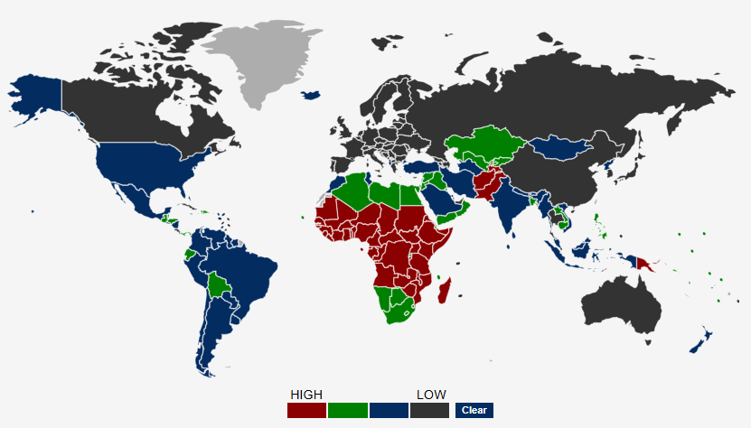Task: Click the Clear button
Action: click(474, 410)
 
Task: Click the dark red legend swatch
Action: click(306, 410)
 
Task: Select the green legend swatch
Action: click(347, 410)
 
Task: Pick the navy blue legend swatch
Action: click(388, 410)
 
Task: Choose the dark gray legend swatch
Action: click(429, 410)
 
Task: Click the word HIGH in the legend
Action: click(306, 395)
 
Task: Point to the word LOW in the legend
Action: click(431, 395)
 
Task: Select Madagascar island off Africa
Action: click(445, 292)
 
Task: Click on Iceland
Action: click(312, 93)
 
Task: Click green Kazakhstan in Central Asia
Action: click(483, 144)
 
